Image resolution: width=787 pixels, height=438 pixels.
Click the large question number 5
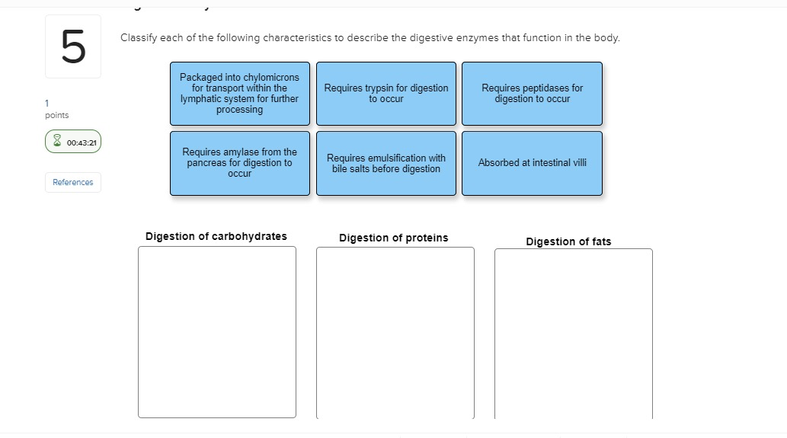(73, 46)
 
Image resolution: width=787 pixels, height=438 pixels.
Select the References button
(73, 182)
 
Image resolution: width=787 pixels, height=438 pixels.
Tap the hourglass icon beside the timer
(57, 140)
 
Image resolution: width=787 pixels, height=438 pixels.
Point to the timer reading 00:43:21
(82, 142)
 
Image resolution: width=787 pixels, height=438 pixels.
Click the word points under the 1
(56, 115)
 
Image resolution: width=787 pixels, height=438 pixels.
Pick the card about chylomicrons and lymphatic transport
(240, 94)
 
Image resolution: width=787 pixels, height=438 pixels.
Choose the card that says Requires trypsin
(386, 94)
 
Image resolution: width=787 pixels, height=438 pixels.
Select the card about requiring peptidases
(532, 94)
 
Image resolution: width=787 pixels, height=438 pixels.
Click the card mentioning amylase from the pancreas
(240, 163)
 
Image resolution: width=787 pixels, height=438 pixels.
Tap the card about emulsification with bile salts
(386, 163)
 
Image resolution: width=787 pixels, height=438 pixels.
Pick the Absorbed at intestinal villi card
(532, 163)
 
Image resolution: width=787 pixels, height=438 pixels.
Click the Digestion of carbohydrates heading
(216, 236)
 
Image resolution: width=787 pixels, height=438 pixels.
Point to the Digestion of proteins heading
(393, 238)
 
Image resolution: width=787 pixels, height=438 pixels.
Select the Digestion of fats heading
(568, 241)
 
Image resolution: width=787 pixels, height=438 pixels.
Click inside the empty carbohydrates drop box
(217, 332)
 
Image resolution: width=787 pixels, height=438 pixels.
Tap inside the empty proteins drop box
(395, 333)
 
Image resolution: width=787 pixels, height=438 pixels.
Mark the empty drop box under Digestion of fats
(574, 334)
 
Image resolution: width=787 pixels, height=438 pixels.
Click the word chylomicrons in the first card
(271, 77)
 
